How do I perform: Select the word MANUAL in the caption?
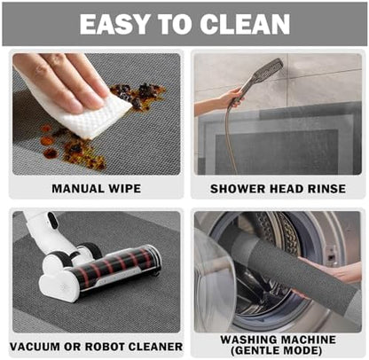tap(77, 189)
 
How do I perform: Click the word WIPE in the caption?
tap(124, 189)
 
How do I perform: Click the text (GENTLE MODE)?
tap(277, 350)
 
